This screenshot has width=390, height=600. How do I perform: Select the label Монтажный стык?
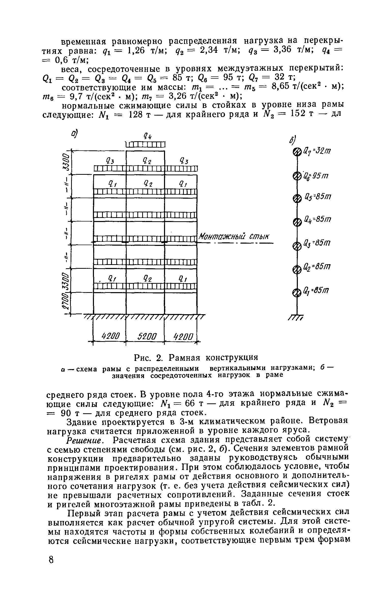pyautogui.click(x=234, y=236)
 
